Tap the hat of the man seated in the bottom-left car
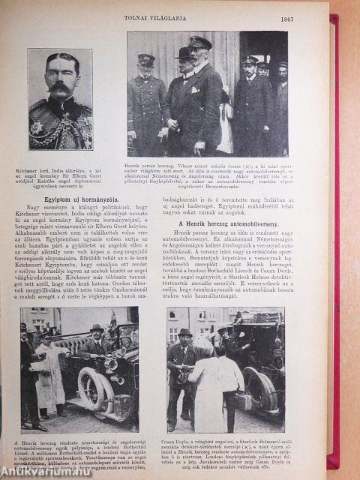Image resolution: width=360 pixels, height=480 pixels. tap(96, 328)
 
